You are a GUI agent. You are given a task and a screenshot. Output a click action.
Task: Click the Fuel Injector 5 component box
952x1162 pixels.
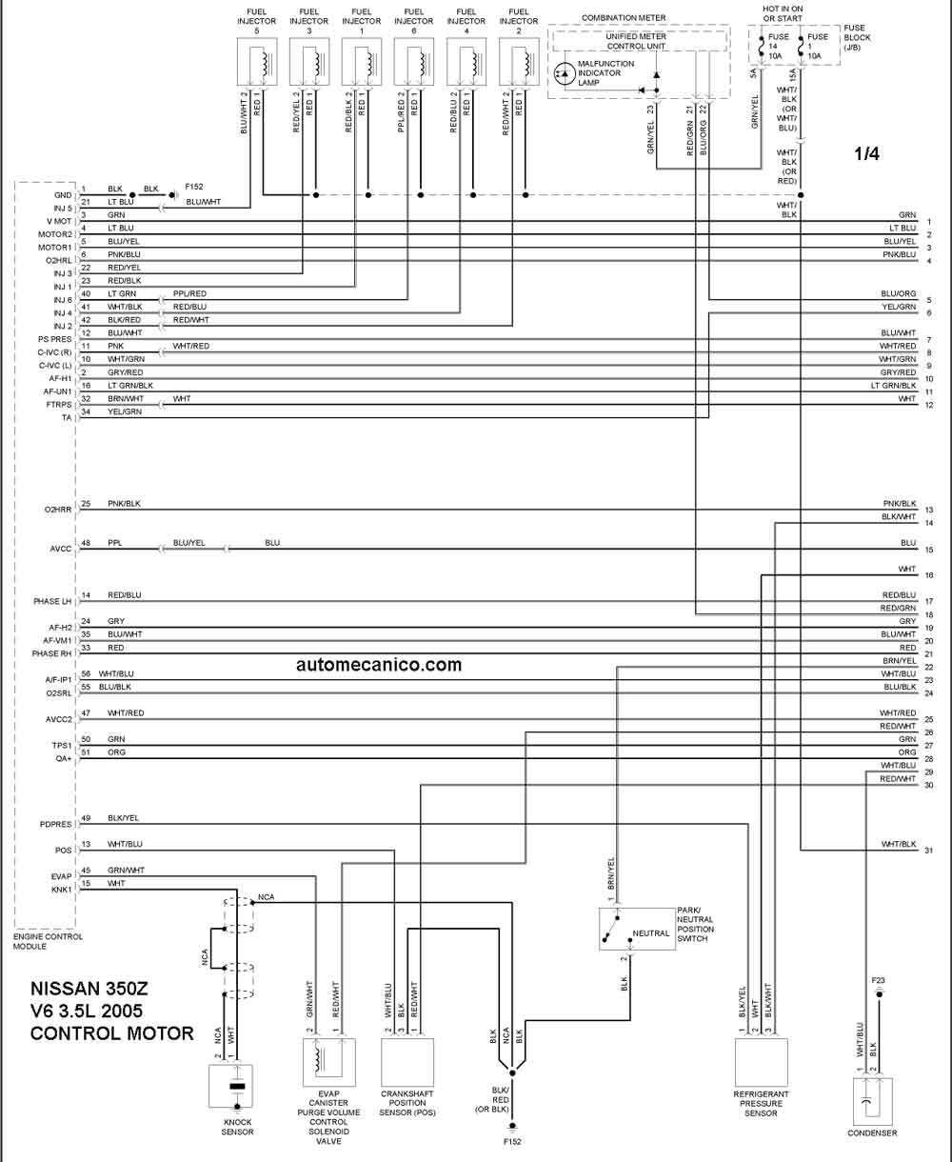tap(257, 61)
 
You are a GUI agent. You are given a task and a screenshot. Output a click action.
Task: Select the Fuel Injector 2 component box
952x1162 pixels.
tap(519, 61)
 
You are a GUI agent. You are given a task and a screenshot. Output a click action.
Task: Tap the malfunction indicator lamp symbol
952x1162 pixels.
tap(565, 73)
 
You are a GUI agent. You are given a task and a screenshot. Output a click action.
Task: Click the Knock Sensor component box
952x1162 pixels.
tap(230, 1086)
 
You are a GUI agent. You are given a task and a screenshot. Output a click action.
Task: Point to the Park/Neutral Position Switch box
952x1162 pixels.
tap(637, 929)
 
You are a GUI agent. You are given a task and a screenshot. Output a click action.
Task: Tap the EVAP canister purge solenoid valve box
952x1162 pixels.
tap(328, 1062)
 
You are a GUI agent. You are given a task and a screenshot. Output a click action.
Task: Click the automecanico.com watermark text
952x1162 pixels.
tap(379, 665)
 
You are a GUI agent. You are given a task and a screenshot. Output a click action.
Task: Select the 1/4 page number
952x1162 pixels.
tap(866, 153)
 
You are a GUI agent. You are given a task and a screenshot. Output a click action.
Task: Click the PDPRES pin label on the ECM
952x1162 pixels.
tap(55, 824)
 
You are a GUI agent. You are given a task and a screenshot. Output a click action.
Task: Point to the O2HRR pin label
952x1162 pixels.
tap(58, 510)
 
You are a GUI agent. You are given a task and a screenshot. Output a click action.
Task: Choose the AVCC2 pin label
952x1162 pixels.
tap(58, 719)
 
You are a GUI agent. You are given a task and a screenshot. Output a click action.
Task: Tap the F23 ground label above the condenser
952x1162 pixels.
tap(878, 980)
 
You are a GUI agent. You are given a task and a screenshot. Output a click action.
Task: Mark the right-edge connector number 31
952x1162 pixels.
tap(929, 851)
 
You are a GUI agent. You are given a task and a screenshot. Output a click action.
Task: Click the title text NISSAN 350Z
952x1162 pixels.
tap(89, 989)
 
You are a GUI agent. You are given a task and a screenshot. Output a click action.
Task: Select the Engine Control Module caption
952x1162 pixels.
tap(48, 942)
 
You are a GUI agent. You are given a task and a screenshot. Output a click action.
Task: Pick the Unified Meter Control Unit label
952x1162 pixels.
tap(636, 41)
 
